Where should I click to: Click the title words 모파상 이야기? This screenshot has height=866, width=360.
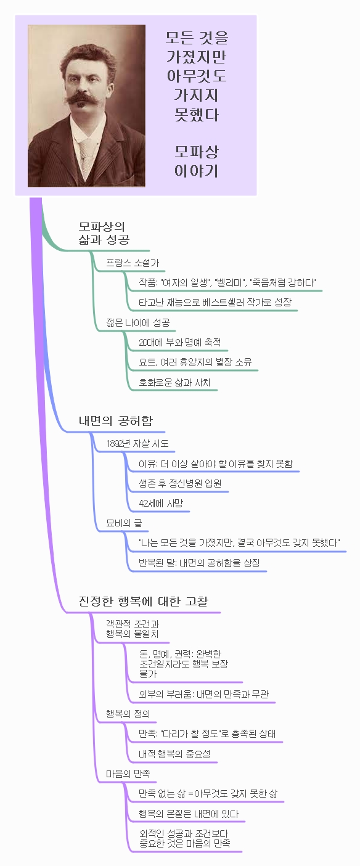197,161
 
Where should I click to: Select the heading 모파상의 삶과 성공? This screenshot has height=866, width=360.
104,233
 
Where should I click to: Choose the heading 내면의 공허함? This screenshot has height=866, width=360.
116,420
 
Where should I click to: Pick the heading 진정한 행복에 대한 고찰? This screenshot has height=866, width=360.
144,601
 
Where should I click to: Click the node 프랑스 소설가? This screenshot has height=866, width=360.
133,263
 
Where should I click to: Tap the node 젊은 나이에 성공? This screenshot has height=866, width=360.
138,322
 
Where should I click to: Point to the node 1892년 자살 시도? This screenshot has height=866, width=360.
137,443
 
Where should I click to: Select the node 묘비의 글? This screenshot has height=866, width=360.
124,523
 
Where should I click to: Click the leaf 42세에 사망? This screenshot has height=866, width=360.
161,504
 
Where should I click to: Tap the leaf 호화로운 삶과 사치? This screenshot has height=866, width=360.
175,382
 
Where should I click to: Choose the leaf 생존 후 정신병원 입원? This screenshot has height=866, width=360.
180,483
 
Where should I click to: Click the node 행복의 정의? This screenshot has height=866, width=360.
128,714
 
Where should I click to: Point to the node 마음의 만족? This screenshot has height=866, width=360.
128,774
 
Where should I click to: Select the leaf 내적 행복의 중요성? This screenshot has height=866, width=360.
175,754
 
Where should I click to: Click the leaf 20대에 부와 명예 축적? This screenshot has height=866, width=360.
180,342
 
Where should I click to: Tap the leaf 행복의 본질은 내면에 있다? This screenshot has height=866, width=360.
189,814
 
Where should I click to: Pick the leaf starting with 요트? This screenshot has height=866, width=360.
195,362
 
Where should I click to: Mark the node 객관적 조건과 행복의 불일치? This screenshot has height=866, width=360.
133,629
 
